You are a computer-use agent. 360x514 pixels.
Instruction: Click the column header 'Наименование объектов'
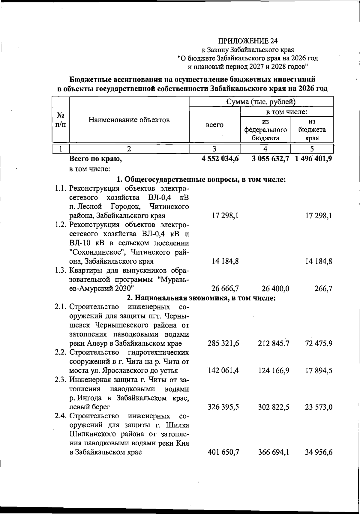pyautogui.click(x=129, y=120)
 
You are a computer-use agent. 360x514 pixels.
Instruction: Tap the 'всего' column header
pyautogui.click(x=214, y=125)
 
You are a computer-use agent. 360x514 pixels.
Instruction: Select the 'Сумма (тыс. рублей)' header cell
pyautogui.click(x=261, y=102)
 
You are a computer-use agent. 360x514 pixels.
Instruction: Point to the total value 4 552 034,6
pyautogui.click(x=220, y=159)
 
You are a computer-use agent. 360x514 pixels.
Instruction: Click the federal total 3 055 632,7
pyautogui.click(x=270, y=159)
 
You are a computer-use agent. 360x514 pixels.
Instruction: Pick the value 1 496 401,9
pyautogui.click(x=313, y=159)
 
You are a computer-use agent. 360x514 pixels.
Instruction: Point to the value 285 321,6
pyautogui.click(x=223, y=343)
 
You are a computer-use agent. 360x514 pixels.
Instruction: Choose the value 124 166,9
pyautogui.click(x=274, y=371)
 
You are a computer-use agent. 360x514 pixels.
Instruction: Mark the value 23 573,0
pyautogui.click(x=319, y=407)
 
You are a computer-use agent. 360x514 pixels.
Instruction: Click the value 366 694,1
pyautogui.click(x=274, y=452)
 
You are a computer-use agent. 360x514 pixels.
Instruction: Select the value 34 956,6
pyautogui.click(x=319, y=452)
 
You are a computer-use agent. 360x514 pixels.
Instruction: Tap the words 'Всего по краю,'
pyautogui.click(x=95, y=159)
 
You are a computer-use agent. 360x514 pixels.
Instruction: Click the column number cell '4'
pyautogui.click(x=265, y=149)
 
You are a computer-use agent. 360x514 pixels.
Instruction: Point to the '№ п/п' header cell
pyautogui.click(x=61, y=120)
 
